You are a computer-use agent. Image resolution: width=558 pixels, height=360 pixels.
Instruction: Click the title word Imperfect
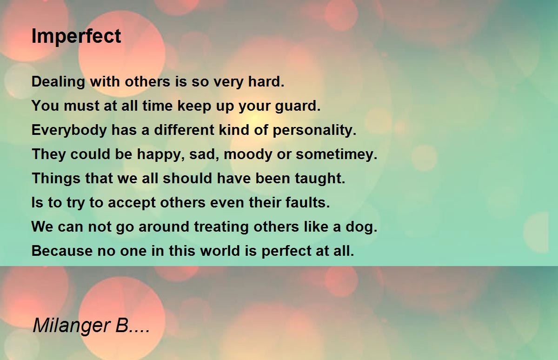[x=76, y=36]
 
